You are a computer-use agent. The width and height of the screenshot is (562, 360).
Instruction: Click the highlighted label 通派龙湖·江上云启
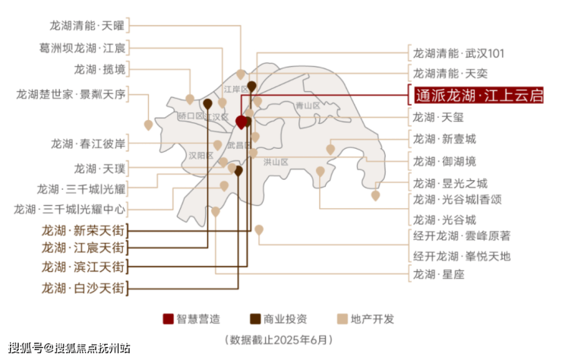tap(479, 95)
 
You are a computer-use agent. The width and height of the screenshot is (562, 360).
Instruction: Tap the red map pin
tap(242, 122)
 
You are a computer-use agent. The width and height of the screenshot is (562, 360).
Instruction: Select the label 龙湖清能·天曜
tap(87, 26)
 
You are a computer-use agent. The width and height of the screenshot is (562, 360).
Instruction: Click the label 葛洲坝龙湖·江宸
tap(82, 48)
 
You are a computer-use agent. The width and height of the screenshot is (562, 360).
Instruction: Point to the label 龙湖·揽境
tap(99, 69)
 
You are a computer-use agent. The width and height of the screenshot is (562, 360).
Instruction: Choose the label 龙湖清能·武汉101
tap(459, 54)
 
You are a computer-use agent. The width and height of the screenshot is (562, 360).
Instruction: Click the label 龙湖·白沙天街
tap(83, 288)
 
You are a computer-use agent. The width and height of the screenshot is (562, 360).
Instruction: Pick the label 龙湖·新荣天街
tap(83, 230)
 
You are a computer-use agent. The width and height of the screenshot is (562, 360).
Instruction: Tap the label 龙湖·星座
tap(438, 275)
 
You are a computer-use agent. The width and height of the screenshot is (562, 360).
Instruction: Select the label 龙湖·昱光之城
tap(450, 184)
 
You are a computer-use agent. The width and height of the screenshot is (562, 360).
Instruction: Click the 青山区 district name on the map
tap(308, 106)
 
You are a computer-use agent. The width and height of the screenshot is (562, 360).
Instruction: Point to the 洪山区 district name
tap(276, 162)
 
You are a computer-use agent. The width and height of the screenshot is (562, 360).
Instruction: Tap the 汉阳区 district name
tap(200, 156)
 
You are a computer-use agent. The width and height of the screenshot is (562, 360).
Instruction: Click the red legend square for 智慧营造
tap(168, 319)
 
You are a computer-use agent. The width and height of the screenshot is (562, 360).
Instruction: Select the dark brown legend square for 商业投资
tap(255, 319)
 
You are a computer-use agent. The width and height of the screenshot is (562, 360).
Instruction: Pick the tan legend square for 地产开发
tap(343, 319)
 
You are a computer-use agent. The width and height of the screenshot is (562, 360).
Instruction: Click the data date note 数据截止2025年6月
tap(279, 339)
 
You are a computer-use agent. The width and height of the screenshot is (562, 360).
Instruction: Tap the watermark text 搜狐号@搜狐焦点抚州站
tap(69, 348)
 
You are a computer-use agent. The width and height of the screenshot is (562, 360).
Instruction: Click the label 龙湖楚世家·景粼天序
tap(71, 95)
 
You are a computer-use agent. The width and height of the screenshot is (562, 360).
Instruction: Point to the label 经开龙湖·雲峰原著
tap(462, 236)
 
